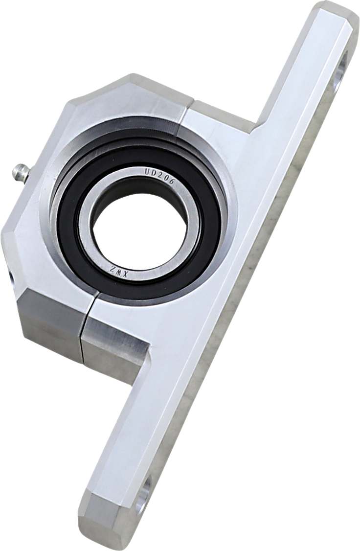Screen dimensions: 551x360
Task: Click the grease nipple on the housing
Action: pos(21,173)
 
